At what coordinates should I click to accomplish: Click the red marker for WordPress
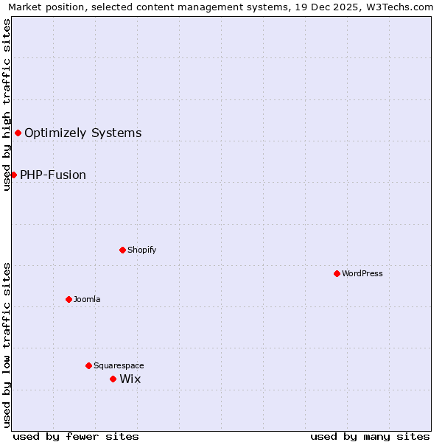click(337, 273)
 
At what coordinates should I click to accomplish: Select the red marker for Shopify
click(122, 250)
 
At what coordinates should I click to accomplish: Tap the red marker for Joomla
click(69, 299)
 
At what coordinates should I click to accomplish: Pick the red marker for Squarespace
click(88, 365)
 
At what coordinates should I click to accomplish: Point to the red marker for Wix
click(113, 379)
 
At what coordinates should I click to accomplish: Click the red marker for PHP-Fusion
click(13, 175)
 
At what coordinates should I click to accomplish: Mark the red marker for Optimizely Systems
click(18, 133)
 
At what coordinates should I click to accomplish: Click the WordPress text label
click(362, 273)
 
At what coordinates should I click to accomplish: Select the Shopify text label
click(142, 250)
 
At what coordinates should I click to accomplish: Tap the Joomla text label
click(87, 299)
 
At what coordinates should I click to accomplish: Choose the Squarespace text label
click(119, 365)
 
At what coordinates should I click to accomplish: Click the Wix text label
click(130, 379)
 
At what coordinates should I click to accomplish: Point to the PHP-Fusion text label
click(53, 175)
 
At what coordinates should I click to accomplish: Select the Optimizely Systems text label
click(83, 133)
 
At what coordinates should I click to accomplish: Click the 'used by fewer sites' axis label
click(76, 436)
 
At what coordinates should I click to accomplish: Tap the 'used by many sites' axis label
click(370, 436)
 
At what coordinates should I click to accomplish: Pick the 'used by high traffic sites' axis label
click(7, 105)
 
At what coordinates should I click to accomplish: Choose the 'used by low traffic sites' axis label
click(7, 345)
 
